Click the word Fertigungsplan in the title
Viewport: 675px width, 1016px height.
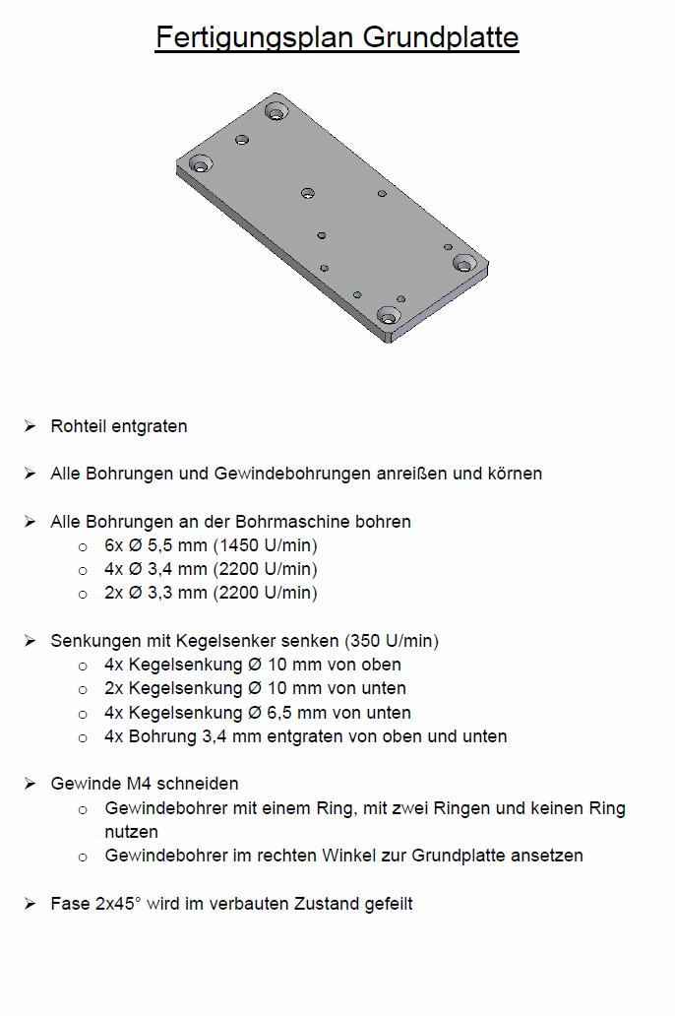tap(255, 37)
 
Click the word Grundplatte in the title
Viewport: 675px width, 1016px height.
tap(441, 37)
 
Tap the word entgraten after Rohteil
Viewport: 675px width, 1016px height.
tap(149, 426)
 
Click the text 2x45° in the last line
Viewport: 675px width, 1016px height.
tap(117, 903)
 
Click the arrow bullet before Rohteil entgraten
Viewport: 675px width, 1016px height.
tap(31, 426)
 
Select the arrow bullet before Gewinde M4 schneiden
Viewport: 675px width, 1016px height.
tap(31, 784)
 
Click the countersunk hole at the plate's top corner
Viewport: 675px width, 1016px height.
tap(276, 113)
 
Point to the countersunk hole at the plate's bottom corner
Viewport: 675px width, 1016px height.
tap(389, 318)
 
